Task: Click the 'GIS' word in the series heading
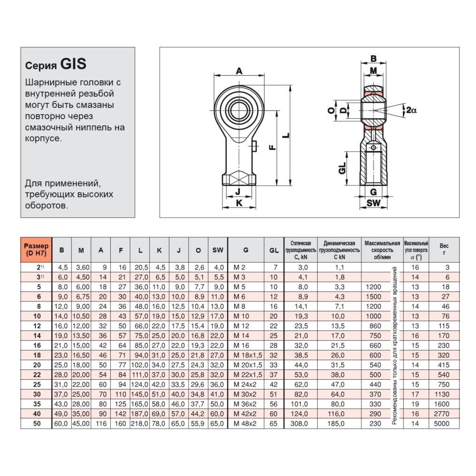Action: click(x=73, y=63)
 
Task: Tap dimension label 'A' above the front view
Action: click(x=239, y=71)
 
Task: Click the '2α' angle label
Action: click(x=411, y=110)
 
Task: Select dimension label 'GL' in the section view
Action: click(x=342, y=168)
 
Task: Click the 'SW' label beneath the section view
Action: click(x=373, y=203)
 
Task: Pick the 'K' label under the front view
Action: click(x=239, y=203)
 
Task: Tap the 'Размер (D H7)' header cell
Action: click(x=36, y=250)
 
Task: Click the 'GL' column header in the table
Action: click(x=274, y=250)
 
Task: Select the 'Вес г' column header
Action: click(x=444, y=250)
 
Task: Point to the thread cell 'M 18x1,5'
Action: click(x=248, y=355)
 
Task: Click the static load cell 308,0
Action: click(x=300, y=423)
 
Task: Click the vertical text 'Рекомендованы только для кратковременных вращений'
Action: click(x=395, y=345)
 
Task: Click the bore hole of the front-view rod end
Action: click(x=239, y=111)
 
